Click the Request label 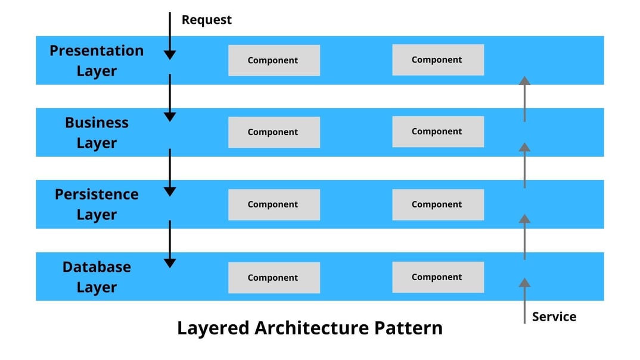(206, 20)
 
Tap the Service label (554, 316)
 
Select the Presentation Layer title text (97, 60)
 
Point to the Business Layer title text (97, 132)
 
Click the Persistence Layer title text (97, 204)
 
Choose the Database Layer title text (97, 277)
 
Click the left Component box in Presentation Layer (274, 60)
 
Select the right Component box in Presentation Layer (437, 60)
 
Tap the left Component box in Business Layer (274, 132)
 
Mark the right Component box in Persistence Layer (437, 204)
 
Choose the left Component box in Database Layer (274, 278)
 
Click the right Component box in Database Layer (437, 277)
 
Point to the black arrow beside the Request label (170, 36)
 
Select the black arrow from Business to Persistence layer (170, 172)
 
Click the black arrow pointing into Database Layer (170, 244)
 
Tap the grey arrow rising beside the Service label (524, 300)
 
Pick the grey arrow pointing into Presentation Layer (524, 99)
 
